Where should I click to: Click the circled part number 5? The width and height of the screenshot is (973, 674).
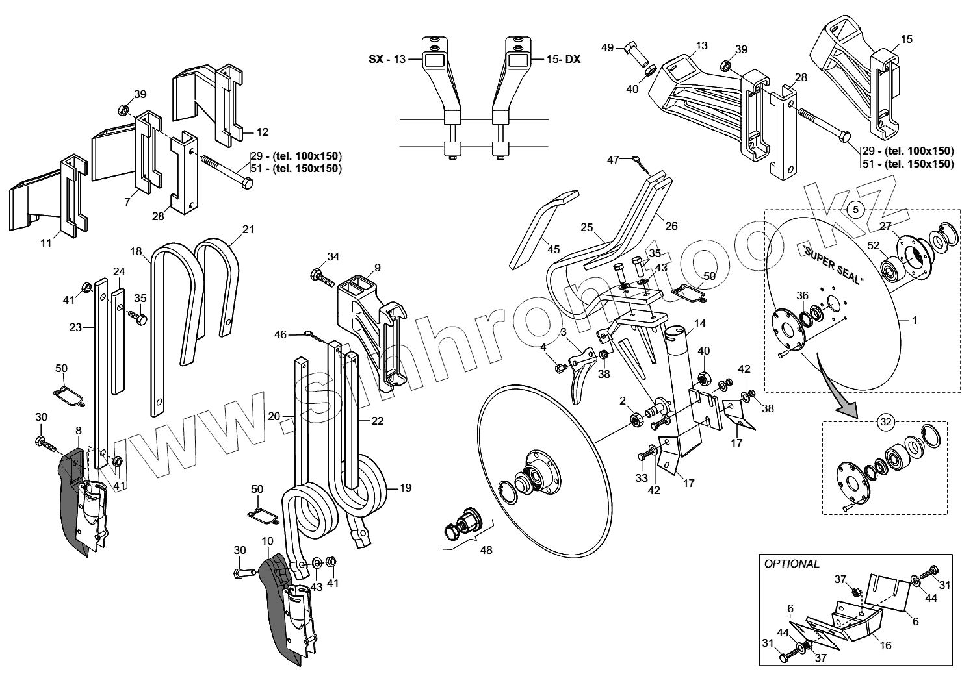pos(855,209)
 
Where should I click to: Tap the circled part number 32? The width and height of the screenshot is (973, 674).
pos(885,421)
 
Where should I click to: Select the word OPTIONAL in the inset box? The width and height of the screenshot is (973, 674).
pos(792,564)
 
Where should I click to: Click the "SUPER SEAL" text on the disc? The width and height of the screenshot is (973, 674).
pos(833,265)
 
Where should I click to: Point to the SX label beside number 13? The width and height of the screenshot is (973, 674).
pos(376,59)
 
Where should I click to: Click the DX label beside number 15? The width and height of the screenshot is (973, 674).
pos(572,59)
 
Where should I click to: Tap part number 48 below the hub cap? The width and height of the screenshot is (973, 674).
pos(486,550)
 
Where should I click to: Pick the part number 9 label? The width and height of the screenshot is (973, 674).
pos(378,267)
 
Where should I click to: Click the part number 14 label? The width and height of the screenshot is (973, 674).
pos(699,323)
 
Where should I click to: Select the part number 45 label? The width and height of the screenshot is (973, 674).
pos(553,249)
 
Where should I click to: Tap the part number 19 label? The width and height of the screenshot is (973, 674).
pos(405,488)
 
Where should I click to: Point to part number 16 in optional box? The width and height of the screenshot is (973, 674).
pos(885,645)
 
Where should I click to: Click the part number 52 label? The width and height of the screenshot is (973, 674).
pos(873,246)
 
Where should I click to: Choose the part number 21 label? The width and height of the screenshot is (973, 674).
pos(248,229)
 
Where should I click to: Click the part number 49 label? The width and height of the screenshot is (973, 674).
pos(607,47)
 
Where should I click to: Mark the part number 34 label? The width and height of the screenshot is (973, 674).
pos(333,256)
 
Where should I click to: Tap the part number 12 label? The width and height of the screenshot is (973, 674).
pos(262,132)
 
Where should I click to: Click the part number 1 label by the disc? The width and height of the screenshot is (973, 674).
pos(914,320)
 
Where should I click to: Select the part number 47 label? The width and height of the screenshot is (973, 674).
pos(613,159)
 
